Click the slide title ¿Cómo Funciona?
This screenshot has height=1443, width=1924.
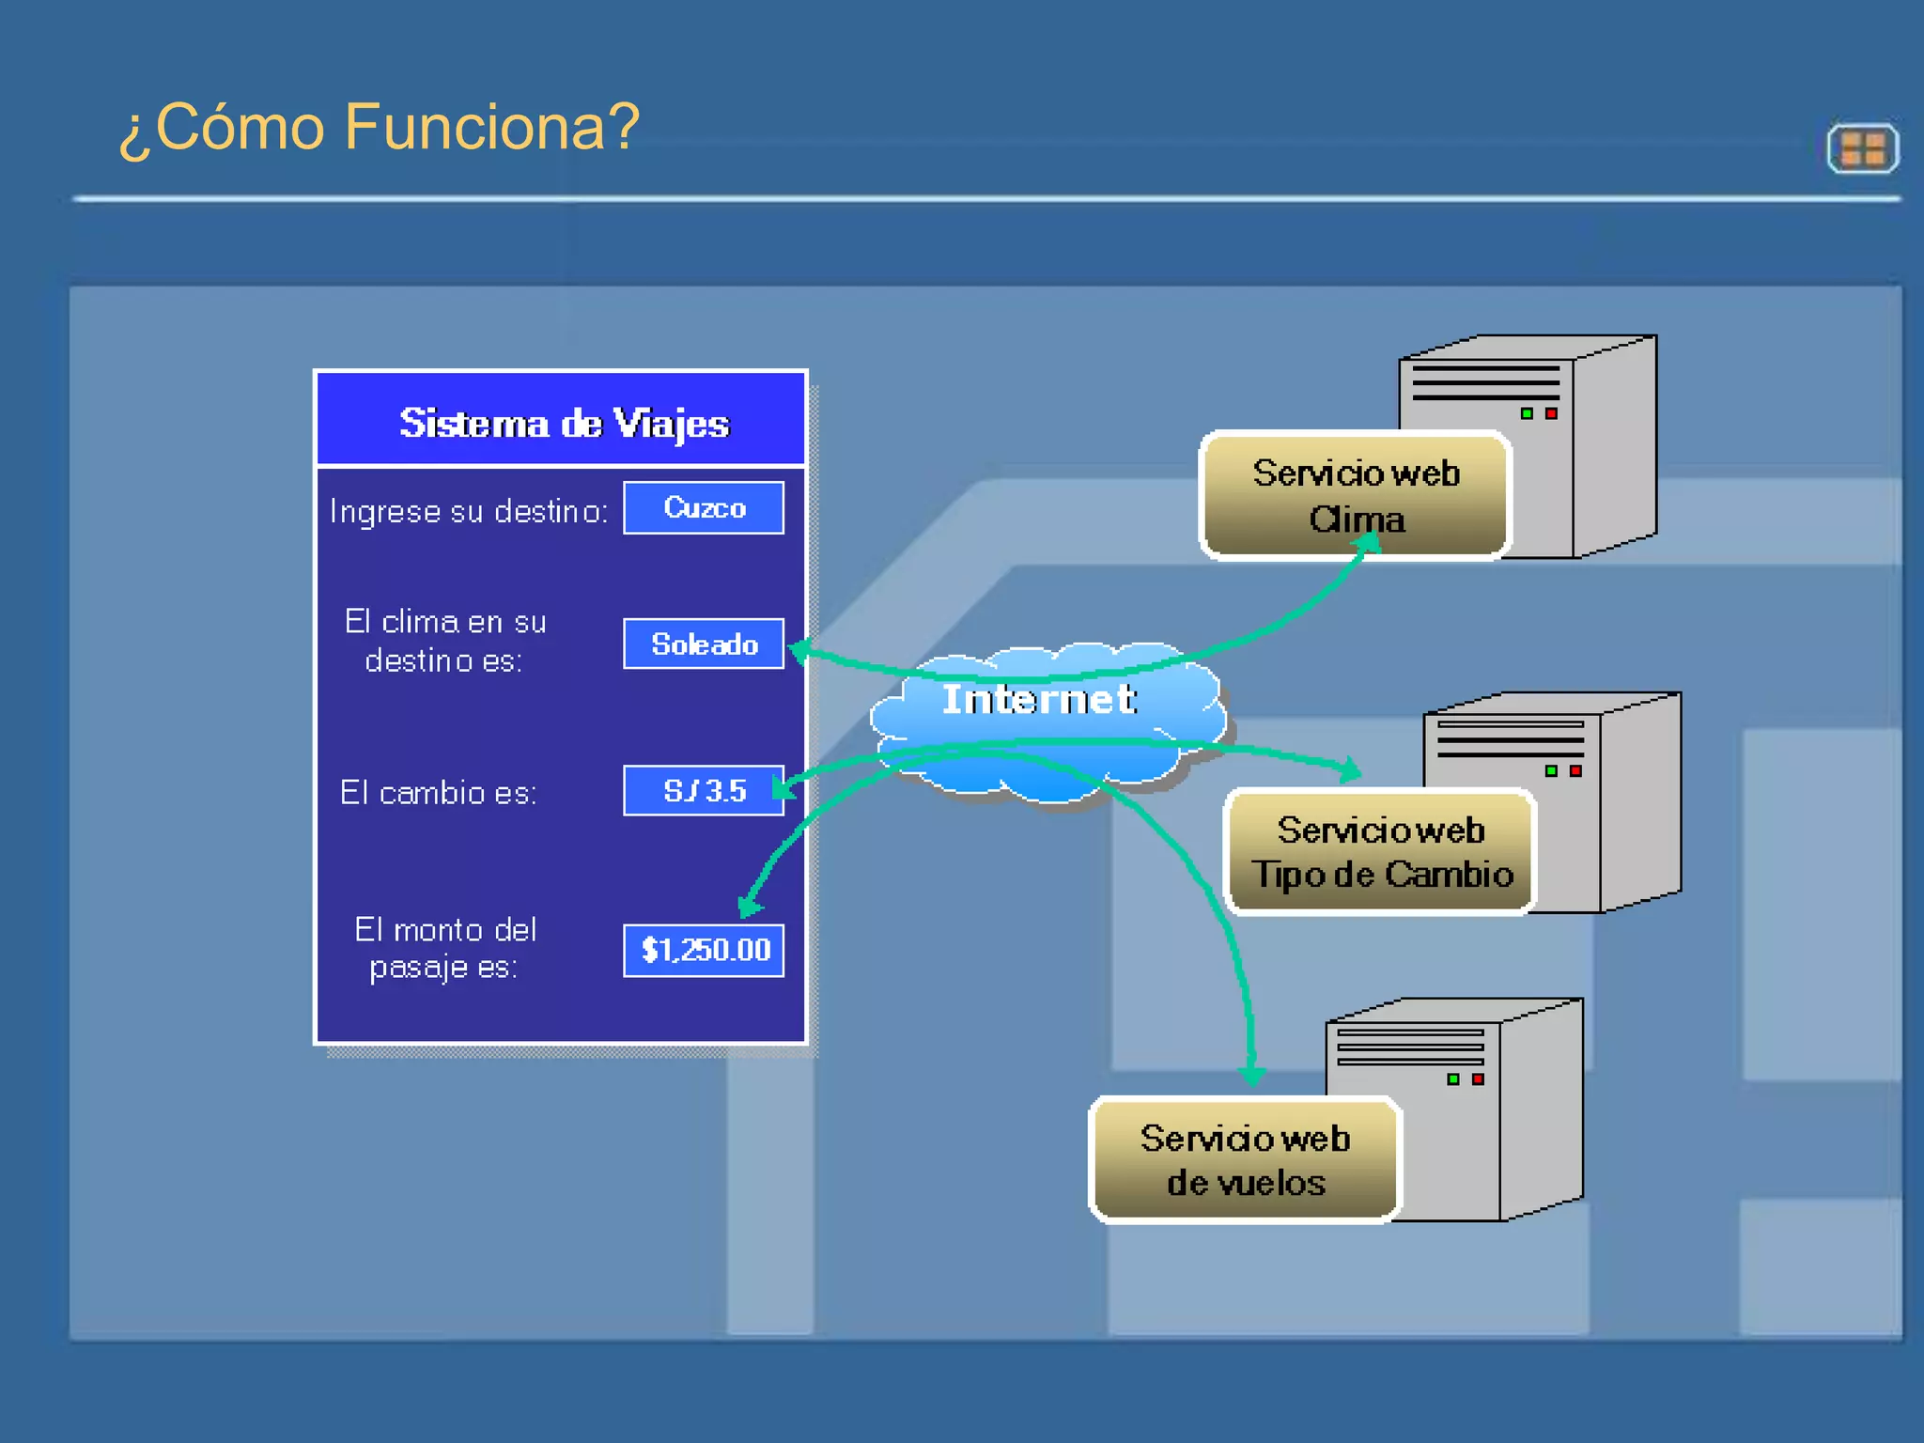tap(379, 127)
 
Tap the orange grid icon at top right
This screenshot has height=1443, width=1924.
tap(1862, 148)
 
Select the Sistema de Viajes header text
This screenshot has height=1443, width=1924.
tap(564, 424)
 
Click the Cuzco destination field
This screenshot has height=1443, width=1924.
tap(704, 508)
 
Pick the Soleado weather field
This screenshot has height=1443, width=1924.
tap(704, 644)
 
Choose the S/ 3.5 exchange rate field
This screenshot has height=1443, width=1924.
tap(704, 791)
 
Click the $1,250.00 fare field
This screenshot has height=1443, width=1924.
tap(704, 950)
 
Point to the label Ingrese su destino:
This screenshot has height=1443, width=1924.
tap(469, 511)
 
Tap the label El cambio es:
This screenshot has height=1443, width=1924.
tap(439, 793)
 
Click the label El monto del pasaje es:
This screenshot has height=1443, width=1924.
tap(444, 948)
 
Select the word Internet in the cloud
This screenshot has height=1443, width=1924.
tap(1039, 700)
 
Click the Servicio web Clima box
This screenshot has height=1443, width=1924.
tap(1355, 495)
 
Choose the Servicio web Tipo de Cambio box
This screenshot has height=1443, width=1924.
tap(1380, 852)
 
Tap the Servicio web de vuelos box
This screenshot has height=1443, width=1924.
tap(1245, 1160)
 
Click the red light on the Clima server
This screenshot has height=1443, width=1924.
tap(1551, 413)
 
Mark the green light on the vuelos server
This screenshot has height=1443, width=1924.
tap(1453, 1079)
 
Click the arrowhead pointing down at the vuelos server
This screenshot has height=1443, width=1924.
tap(1251, 1074)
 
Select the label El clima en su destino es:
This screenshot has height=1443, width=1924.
tap(444, 641)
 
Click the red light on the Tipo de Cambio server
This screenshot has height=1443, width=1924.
tap(1575, 771)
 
